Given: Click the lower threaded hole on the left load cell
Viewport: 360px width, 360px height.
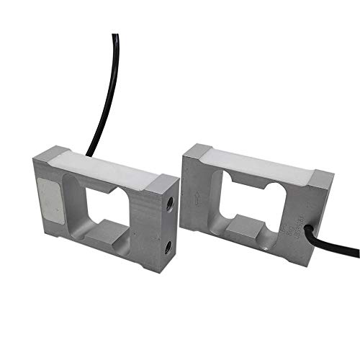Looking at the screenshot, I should [x=167, y=247].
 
